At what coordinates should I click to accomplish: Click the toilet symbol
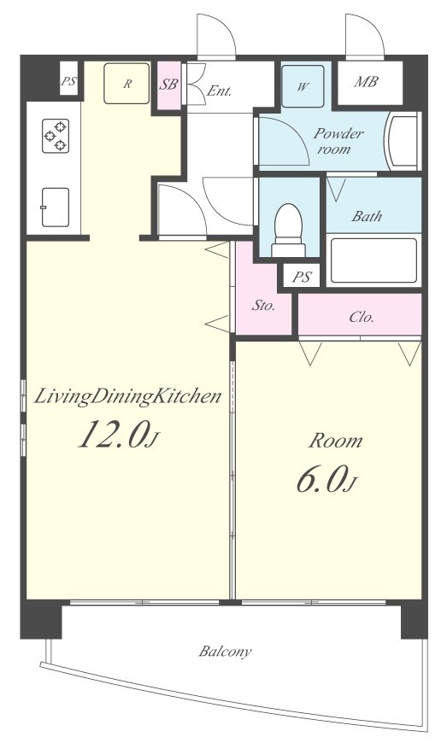[288, 230]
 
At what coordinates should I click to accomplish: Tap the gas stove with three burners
[56, 136]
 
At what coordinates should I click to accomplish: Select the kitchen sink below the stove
[55, 207]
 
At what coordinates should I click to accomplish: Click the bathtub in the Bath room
[373, 260]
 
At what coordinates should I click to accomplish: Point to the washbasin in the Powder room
[402, 141]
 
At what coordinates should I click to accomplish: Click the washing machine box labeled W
[303, 86]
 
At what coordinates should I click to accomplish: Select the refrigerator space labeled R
[126, 84]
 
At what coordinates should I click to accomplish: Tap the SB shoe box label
[169, 85]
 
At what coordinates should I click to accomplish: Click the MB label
[366, 82]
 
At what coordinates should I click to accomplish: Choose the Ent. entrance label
[219, 91]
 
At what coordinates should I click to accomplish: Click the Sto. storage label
[262, 305]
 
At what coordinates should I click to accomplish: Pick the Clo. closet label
[362, 317]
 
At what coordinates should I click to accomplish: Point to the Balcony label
[225, 652]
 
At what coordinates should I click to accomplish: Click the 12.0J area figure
[118, 433]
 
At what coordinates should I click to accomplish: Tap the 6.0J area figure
[326, 478]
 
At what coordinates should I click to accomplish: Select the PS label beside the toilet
[302, 277]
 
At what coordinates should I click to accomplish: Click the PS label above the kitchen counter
[68, 81]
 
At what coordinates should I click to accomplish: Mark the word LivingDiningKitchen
[127, 396]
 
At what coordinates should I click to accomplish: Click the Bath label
[367, 216]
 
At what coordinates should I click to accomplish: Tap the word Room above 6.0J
[335, 441]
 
